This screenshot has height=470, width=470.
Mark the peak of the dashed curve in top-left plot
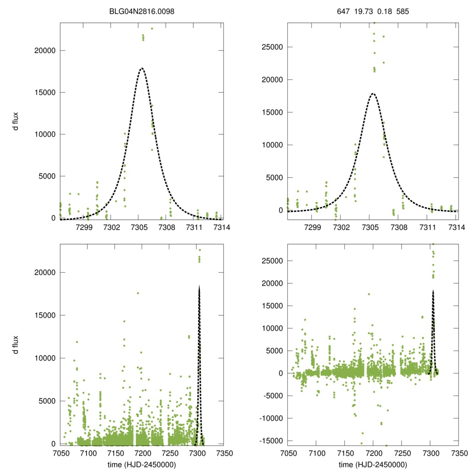(x=142, y=68)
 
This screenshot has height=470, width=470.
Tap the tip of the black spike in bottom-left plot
(x=199, y=285)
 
